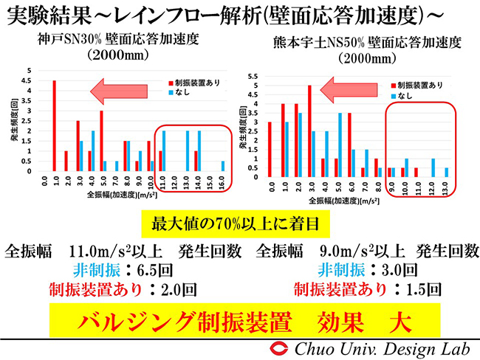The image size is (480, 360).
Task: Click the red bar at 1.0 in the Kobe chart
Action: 55,126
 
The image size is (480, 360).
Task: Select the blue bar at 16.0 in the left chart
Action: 223,166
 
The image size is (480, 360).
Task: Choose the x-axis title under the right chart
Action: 349,201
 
